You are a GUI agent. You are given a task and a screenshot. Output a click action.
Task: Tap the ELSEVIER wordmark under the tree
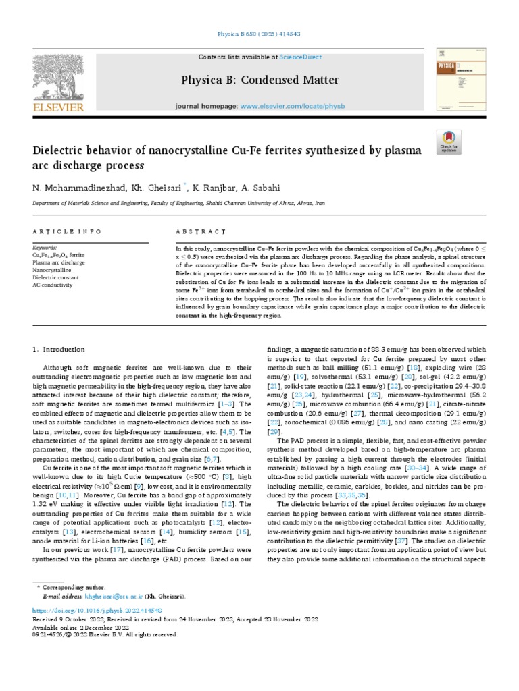57,107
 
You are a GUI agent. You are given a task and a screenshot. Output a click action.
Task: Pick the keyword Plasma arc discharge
59,262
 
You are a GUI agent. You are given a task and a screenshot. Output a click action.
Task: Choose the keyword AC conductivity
53,285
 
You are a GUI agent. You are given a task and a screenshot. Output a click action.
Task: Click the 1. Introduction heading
59,349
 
